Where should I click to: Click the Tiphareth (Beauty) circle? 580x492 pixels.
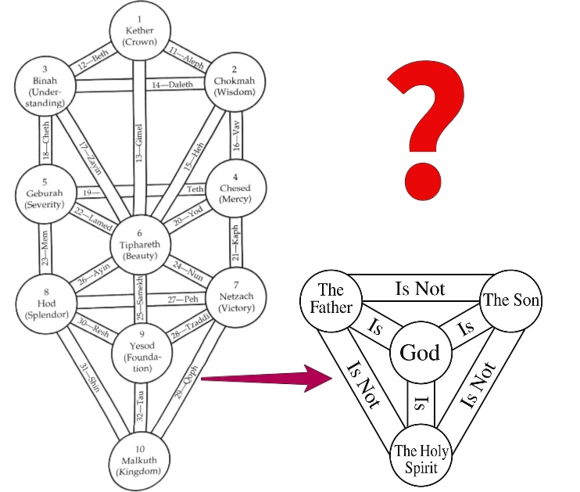tap(140, 243)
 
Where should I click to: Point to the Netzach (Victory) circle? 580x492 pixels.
tap(238, 296)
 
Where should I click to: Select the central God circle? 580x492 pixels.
tap(420, 353)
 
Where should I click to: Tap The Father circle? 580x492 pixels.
tap(331, 299)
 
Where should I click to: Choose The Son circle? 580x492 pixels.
tap(512, 300)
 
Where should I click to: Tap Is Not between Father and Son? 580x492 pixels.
tap(419, 289)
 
